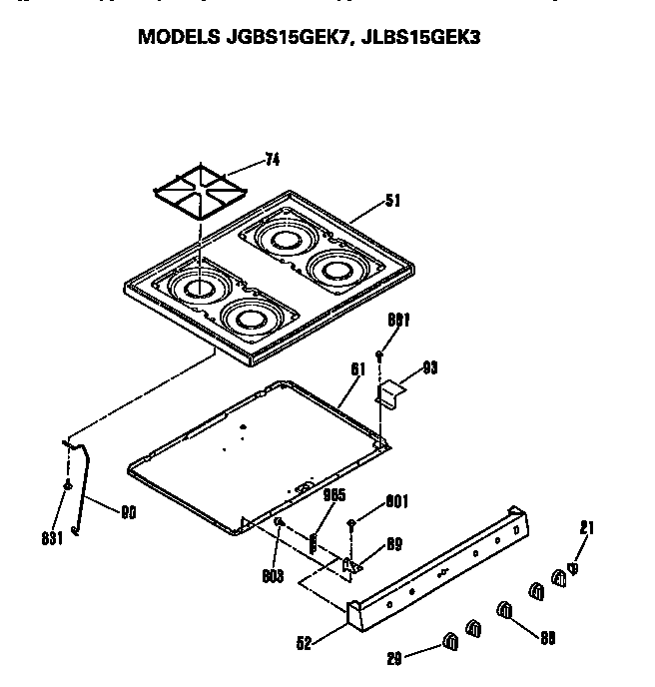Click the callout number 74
[x=274, y=159]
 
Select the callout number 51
[x=392, y=200]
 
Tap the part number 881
[x=399, y=320]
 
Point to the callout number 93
[x=430, y=367]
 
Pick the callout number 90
[x=129, y=514]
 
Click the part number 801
[x=396, y=502]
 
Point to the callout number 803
[x=274, y=576]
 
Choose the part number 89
[x=394, y=544]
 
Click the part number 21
[x=587, y=528]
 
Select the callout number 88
[x=546, y=637]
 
